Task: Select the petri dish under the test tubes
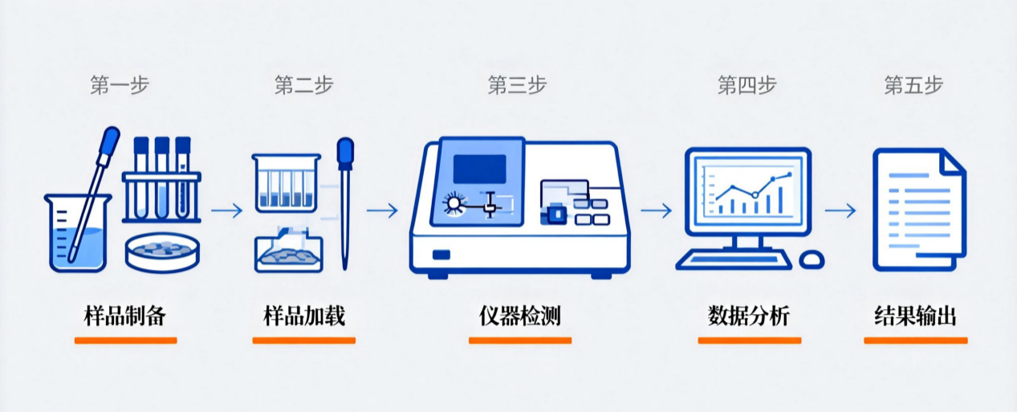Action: [x=162, y=252]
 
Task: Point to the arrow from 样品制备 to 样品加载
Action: [x=226, y=210]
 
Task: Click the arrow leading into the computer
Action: [x=656, y=210]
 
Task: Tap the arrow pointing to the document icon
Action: [x=840, y=210]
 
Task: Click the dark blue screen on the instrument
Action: [x=479, y=168]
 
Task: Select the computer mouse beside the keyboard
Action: [x=812, y=259]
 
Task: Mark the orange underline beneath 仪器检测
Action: [x=519, y=341]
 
